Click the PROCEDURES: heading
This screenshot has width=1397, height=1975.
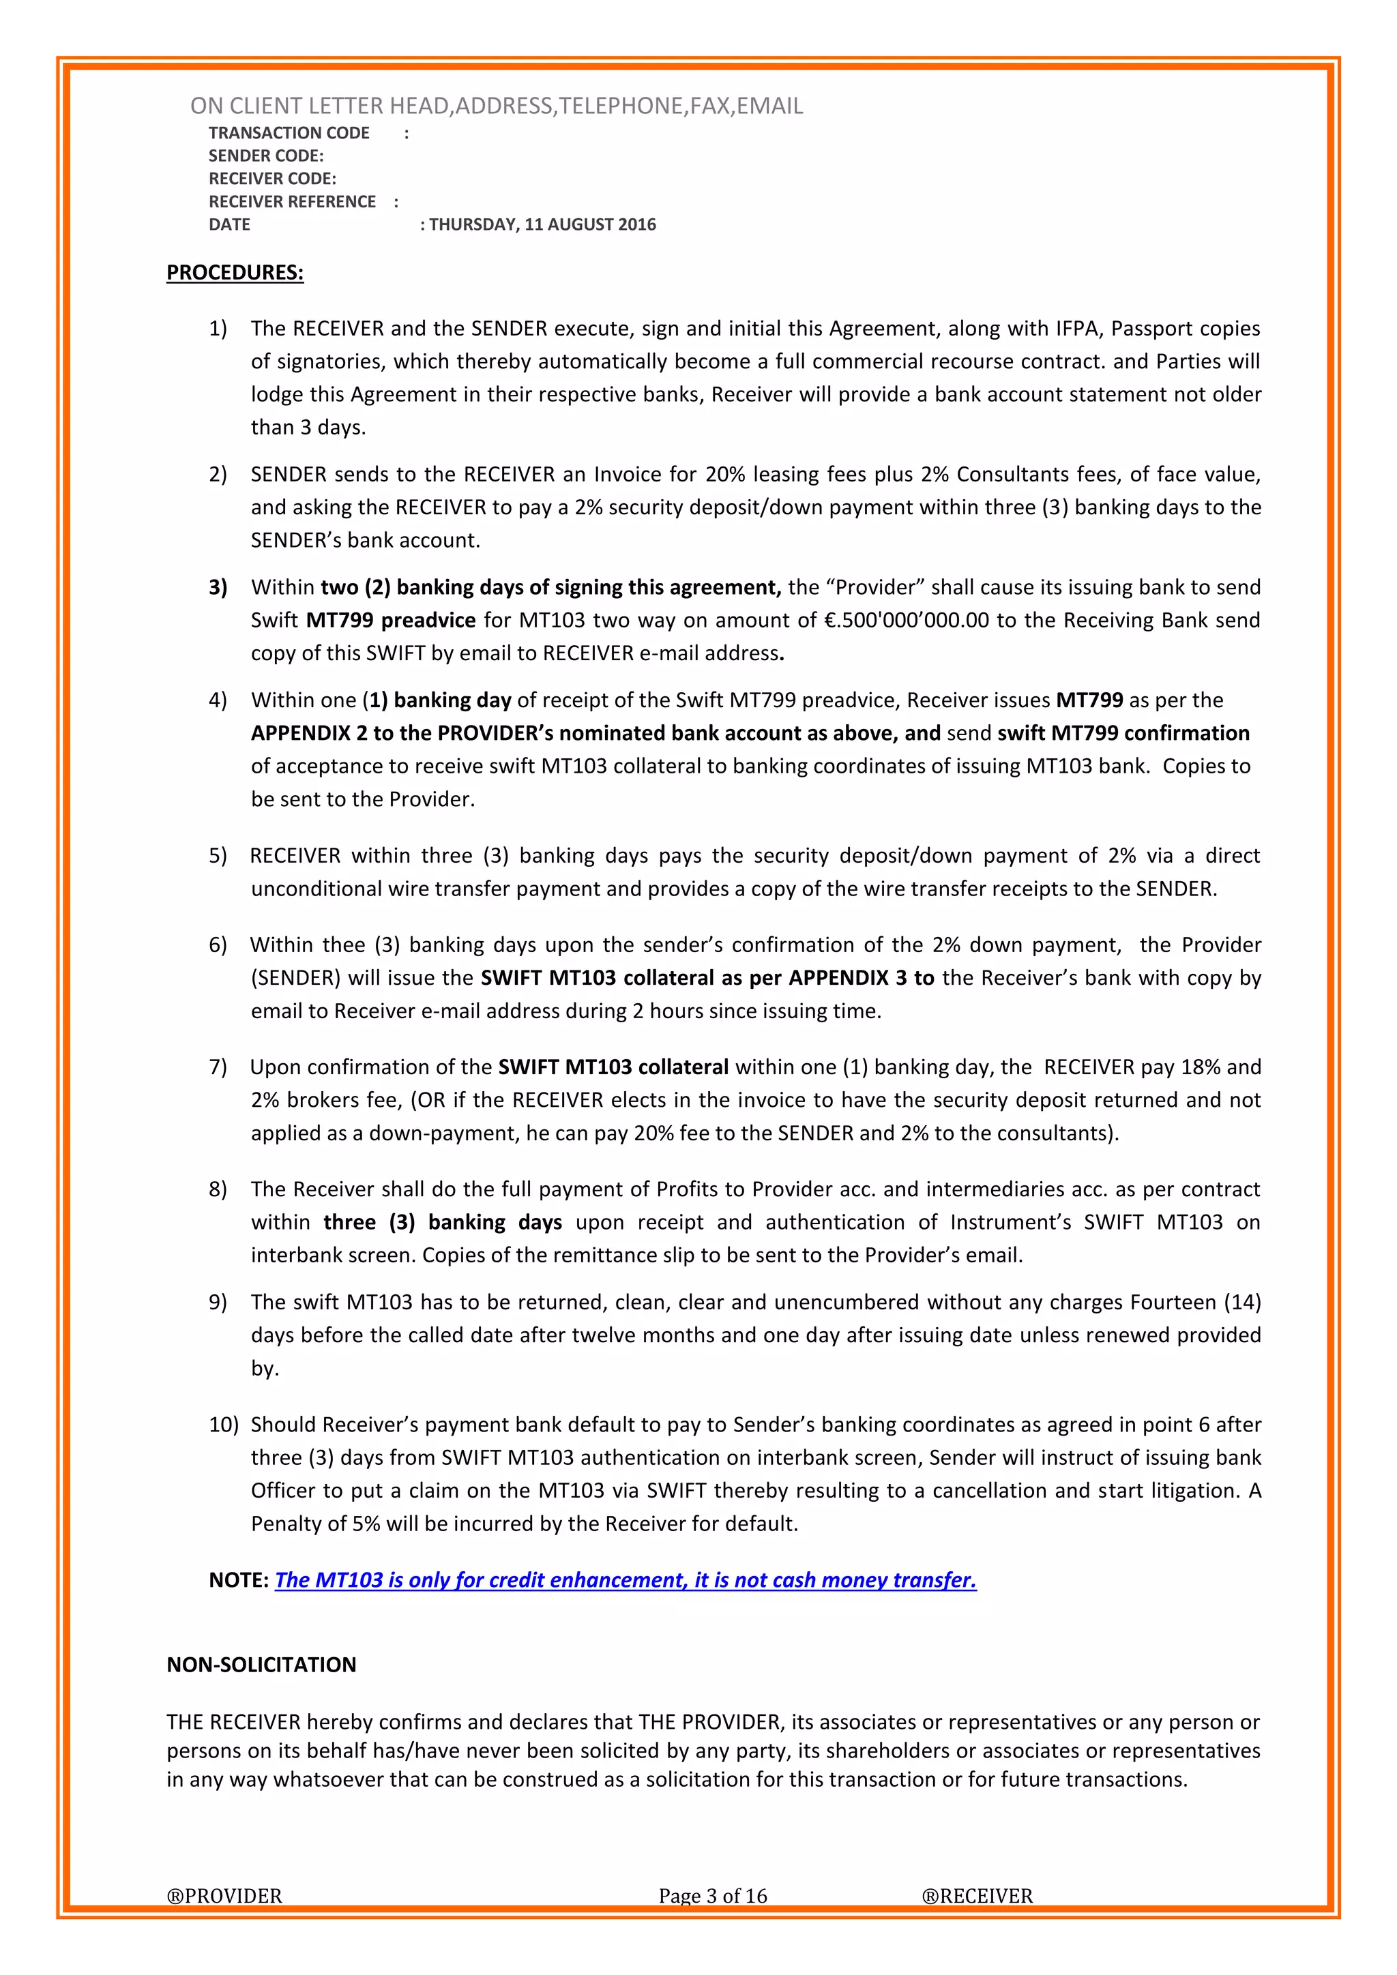235,273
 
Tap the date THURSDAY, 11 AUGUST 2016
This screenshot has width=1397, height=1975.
542,224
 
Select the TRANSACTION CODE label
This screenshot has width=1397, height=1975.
289,132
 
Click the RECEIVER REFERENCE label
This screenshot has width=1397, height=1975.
292,201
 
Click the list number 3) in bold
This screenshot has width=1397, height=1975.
218,587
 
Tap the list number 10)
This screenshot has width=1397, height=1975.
223,1425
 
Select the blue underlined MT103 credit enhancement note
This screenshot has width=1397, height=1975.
626,1580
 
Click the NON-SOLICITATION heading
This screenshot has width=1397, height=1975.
261,1665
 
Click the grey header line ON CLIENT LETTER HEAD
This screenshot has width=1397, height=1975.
497,106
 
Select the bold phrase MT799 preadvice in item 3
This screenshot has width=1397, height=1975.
391,620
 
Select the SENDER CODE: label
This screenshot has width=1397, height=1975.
266,155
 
